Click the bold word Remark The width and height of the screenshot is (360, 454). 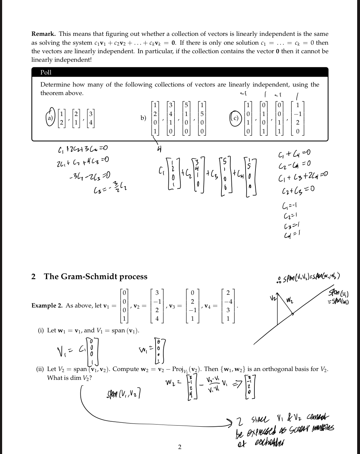point(43,34)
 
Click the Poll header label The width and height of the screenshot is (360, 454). point(46,72)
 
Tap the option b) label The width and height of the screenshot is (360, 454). point(143,118)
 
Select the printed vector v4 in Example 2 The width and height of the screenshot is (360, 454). point(228,305)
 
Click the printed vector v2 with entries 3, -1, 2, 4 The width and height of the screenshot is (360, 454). point(157,305)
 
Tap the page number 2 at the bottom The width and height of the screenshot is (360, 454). point(180,447)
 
